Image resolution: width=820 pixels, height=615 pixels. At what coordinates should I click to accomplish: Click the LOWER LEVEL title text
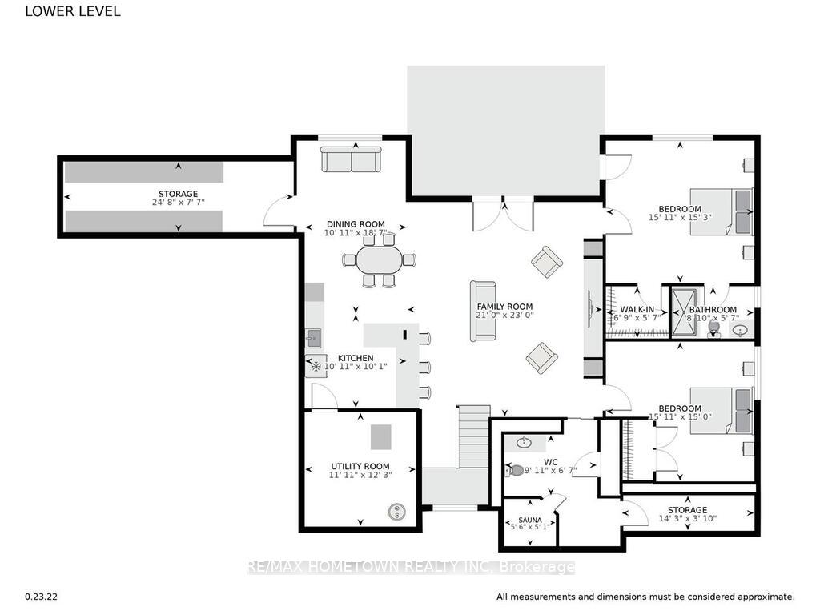pyautogui.click(x=73, y=11)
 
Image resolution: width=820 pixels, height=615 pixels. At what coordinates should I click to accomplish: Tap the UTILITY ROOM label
pyautogui.click(x=360, y=466)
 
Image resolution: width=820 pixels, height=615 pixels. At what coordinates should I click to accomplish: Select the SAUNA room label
pyautogui.click(x=530, y=520)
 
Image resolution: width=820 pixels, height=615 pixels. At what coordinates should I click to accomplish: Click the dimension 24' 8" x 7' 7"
pyautogui.click(x=179, y=202)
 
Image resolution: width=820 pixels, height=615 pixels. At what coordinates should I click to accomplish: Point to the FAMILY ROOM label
pyautogui.click(x=504, y=307)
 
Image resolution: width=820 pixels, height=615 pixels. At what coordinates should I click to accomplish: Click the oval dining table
pyautogui.click(x=380, y=259)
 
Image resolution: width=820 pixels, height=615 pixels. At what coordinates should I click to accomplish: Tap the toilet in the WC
pyautogui.click(x=515, y=470)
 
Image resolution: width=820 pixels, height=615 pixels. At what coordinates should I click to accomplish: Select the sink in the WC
pyautogui.click(x=524, y=443)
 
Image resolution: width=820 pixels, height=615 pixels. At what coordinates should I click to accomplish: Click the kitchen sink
pyautogui.click(x=313, y=338)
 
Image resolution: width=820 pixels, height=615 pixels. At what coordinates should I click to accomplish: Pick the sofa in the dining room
pyautogui.click(x=352, y=159)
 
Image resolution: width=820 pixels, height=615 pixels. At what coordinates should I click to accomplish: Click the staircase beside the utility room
pyautogui.click(x=474, y=436)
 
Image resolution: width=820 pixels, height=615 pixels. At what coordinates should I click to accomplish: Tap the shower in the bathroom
pyautogui.click(x=684, y=312)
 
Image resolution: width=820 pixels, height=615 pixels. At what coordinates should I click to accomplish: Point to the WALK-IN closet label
pyautogui.click(x=637, y=310)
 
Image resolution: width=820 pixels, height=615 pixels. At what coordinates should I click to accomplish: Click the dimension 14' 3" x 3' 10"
pyautogui.click(x=687, y=518)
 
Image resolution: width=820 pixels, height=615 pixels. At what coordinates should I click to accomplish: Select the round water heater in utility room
pyautogui.click(x=397, y=512)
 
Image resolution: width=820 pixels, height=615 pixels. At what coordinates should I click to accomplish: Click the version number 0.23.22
pyautogui.click(x=42, y=596)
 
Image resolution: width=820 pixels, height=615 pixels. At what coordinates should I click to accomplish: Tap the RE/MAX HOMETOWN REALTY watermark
pyautogui.click(x=411, y=567)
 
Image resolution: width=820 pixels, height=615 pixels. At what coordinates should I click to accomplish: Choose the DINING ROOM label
pyautogui.click(x=356, y=224)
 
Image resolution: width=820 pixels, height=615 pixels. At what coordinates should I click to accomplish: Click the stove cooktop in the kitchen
pyautogui.click(x=316, y=366)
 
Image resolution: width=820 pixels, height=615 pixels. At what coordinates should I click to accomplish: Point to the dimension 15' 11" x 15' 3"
pyautogui.click(x=680, y=217)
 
